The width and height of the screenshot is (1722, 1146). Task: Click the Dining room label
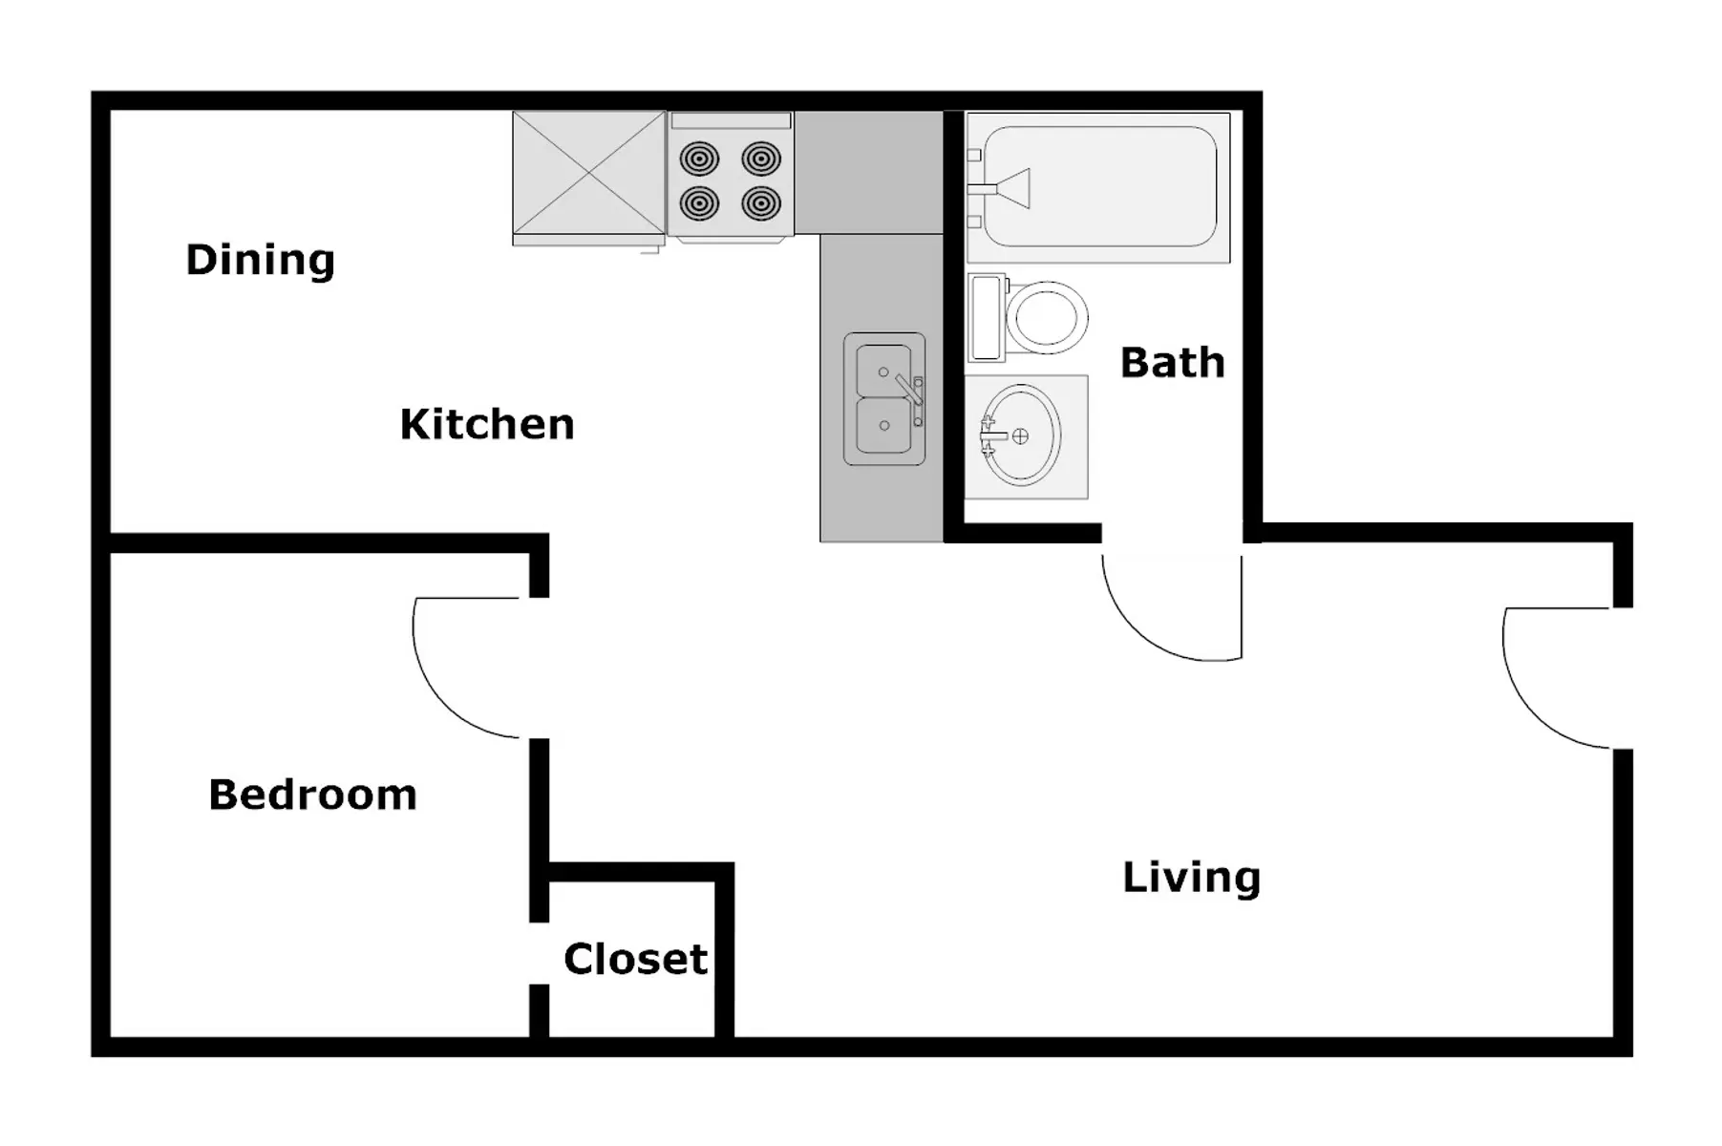[x=260, y=260]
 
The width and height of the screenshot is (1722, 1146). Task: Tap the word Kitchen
[x=487, y=424]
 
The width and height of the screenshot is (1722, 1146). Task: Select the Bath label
[x=1172, y=363]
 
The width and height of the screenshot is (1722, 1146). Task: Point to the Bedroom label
[x=312, y=795]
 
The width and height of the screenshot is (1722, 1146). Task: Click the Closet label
[x=635, y=959]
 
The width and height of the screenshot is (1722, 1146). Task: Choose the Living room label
[x=1191, y=878]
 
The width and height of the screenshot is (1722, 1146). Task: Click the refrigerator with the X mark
[x=588, y=173]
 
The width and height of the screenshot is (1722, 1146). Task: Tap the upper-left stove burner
[x=700, y=159]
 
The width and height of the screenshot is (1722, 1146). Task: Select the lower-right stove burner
[x=761, y=202]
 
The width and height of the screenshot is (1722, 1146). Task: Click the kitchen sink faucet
[x=911, y=393]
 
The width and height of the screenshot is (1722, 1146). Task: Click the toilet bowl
[x=1047, y=317]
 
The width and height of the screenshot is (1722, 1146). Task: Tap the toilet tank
[x=987, y=318]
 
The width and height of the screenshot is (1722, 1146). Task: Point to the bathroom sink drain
[x=1020, y=436]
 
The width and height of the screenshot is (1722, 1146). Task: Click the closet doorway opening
[x=539, y=953]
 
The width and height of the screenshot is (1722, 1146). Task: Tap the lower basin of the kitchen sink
[x=883, y=426]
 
